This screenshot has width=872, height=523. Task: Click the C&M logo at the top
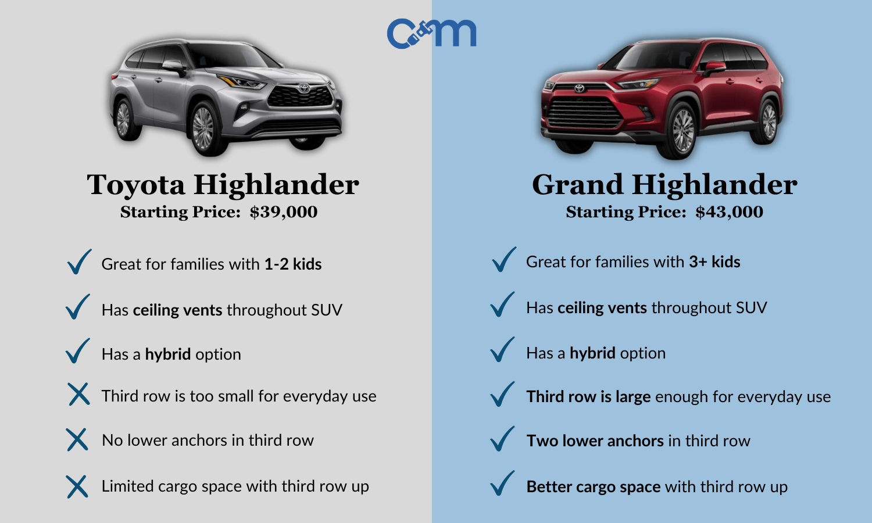[431, 33]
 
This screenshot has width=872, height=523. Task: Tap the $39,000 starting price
[284, 212]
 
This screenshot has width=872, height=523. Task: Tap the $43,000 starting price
[729, 212]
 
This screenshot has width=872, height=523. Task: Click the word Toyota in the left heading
[136, 185]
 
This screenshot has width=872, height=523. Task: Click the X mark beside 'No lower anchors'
[77, 440]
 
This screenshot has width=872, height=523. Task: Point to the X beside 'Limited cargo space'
[77, 486]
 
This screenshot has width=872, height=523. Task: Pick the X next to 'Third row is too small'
[78, 394]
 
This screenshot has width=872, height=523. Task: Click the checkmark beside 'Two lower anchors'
[502, 439]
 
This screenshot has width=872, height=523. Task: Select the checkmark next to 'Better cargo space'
[502, 483]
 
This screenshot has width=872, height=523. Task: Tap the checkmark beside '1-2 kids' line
[79, 261]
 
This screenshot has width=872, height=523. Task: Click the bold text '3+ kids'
[714, 262]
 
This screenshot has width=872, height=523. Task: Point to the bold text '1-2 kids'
[292, 264]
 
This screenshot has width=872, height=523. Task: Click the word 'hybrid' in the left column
[167, 354]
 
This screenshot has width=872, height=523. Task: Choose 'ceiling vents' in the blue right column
[602, 308]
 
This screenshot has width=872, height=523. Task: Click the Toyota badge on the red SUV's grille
[579, 89]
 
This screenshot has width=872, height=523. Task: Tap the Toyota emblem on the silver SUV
[303, 88]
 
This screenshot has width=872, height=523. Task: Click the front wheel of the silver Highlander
[203, 128]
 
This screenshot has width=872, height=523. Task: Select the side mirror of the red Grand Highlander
[713, 68]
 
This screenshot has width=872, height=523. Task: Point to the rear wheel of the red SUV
[769, 123]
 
